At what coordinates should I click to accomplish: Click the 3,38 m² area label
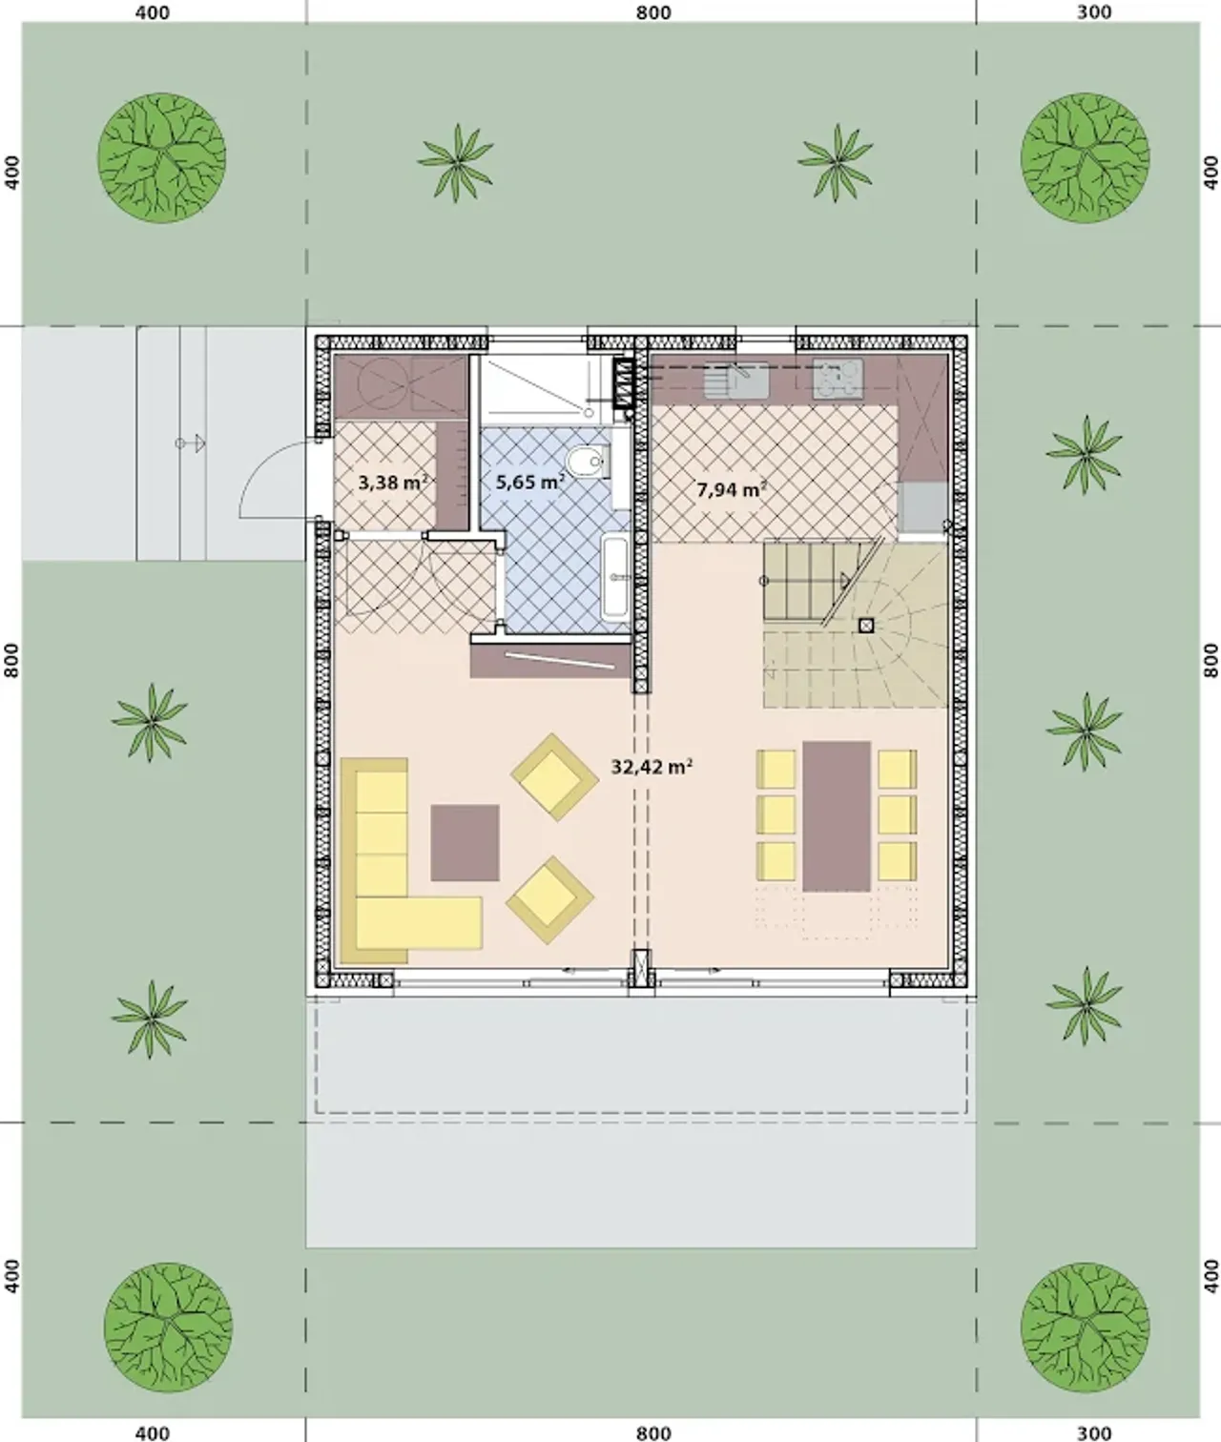click(392, 482)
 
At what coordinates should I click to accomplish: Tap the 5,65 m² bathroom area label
click(529, 482)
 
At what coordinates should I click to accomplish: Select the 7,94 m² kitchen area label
click(732, 489)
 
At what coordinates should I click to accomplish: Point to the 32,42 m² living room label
click(652, 767)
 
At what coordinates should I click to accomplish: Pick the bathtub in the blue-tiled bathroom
click(616, 576)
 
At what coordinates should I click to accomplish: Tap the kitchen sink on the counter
click(736, 381)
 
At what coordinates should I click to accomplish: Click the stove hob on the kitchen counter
click(838, 380)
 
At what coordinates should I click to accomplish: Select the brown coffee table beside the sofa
click(465, 843)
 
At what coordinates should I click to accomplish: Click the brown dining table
click(837, 816)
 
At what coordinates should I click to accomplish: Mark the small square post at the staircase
click(866, 625)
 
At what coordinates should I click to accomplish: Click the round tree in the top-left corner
click(161, 158)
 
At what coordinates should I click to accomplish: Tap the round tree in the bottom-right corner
click(1085, 1327)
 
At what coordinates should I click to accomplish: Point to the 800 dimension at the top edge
click(653, 11)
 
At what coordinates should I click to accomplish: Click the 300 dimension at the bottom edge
click(1093, 1432)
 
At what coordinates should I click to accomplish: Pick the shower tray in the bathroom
click(541, 388)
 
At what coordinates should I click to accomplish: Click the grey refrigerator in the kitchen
click(922, 506)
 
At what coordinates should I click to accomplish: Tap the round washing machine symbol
click(378, 382)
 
